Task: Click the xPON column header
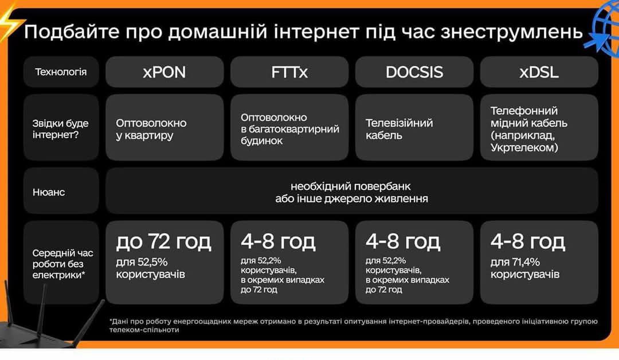click(164, 72)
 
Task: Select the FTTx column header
click(289, 72)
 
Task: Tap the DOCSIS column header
click(414, 72)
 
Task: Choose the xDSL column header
click(539, 72)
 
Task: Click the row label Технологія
click(61, 72)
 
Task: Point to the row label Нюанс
click(49, 192)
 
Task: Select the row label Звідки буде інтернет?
click(60, 129)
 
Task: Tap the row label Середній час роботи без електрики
click(62, 264)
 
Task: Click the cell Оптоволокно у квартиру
click(151, 129)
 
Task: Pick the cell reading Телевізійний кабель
click(399, 129)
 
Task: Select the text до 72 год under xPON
click(163, 241)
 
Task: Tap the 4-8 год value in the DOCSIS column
click(403, 241)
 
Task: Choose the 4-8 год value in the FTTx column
click(278, 241)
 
